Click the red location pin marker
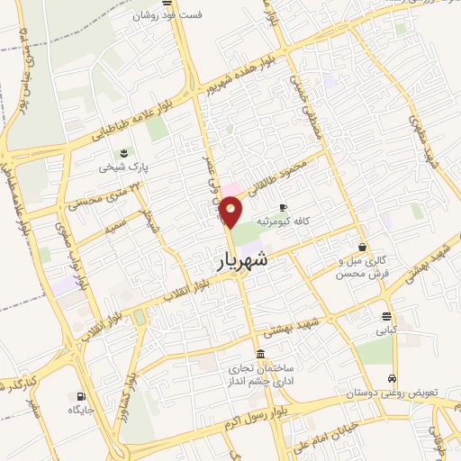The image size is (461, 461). (x=231, y=212)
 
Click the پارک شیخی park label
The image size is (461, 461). (x=123, y=167)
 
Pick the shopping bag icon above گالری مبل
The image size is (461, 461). (x=362, y=247)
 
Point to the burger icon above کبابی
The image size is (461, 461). (x=386, y=316)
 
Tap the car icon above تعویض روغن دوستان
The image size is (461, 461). (x=392, y=378)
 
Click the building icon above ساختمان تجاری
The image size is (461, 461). (x=261, y=352)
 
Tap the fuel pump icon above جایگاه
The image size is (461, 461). (x=82, y=395)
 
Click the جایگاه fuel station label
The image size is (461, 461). (x=81, y=411)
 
